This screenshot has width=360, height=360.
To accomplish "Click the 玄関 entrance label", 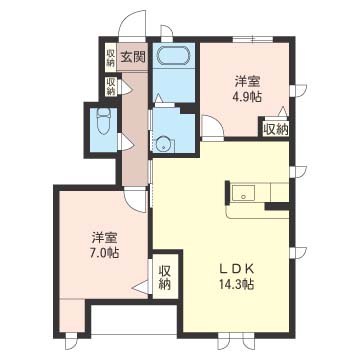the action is tap(133, 58).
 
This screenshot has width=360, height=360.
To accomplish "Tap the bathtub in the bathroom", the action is tap(173, 55).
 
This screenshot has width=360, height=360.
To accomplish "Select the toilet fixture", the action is tap(103, 122).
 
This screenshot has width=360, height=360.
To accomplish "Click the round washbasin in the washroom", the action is tap(163, 144).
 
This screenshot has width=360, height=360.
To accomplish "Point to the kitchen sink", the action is tap(243, 193).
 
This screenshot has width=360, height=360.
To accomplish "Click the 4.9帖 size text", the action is tap(247, 96).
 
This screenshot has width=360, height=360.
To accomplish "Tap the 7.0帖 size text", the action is tap(105, 252).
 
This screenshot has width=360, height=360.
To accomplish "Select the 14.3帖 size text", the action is tap(237, 284).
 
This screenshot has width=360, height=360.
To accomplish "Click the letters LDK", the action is tap(237, 268).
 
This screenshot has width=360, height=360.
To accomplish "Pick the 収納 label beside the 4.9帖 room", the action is tap(276, 129).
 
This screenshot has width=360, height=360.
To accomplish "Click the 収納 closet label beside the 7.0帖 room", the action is tap(165, 277).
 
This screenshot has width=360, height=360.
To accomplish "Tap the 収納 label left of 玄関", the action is tap(111, 57).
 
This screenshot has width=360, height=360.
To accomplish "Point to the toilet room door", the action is tap(125, 143).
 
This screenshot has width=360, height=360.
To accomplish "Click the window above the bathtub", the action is tap(166, 33).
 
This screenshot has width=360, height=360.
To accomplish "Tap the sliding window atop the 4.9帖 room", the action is tap(253, 39).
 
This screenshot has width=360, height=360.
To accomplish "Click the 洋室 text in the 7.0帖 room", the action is tap(105, 238).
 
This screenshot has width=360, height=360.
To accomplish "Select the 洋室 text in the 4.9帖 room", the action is tap(247, 81).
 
